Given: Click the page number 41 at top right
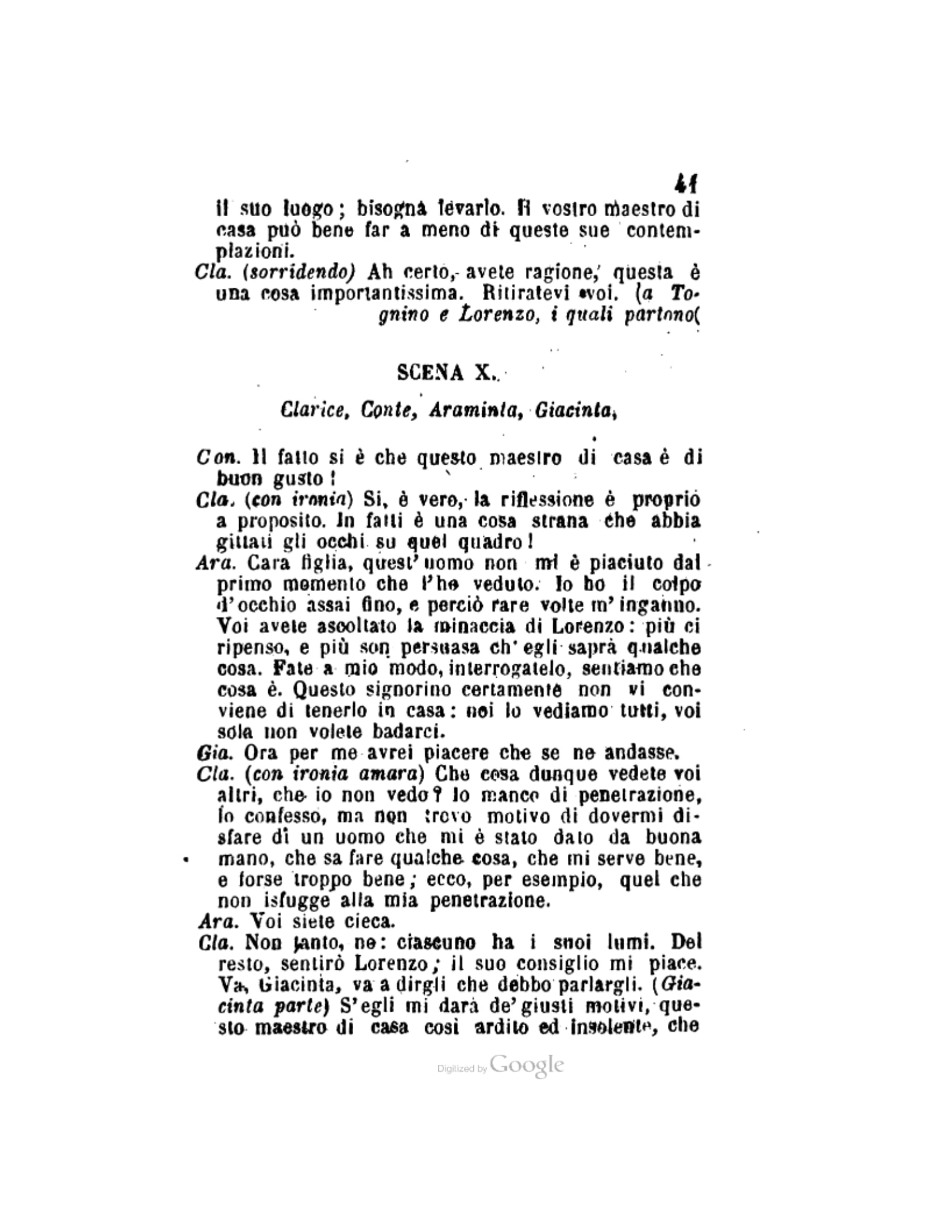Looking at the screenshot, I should (686, 183).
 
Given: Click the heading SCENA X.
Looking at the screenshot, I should (448, 373).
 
